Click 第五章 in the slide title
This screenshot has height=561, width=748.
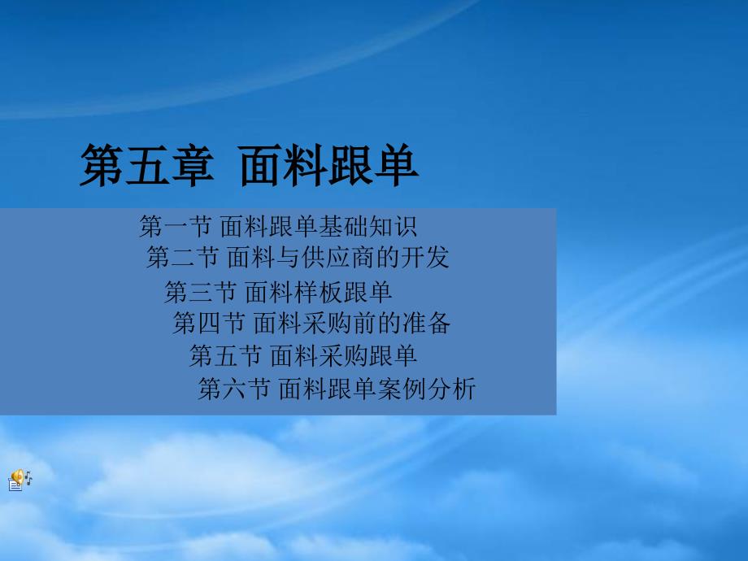[147, 165]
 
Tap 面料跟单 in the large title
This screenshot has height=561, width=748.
[329, 165]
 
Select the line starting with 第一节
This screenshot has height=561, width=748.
[278, 226]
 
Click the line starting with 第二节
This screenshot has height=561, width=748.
[298, 257]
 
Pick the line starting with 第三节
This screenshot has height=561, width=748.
[278, 291]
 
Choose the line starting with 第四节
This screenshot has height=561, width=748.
[311, 323]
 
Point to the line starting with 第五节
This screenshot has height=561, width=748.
[303, 355]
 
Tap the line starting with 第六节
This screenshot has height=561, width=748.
[337, 389]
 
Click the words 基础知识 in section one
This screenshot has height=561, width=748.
[367, 226]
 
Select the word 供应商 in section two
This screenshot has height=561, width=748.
[339, 257]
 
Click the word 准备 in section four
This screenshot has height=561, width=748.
[427, 323]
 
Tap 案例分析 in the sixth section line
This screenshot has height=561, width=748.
[427, 389]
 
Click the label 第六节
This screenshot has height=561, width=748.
[234, 389]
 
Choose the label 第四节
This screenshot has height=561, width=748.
[208, 323]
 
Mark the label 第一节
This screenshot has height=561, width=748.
[175, 226]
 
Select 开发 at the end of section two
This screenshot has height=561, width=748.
[424, 257]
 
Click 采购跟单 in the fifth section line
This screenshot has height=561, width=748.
[367, 355]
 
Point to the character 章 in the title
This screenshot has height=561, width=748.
[192, 165]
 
